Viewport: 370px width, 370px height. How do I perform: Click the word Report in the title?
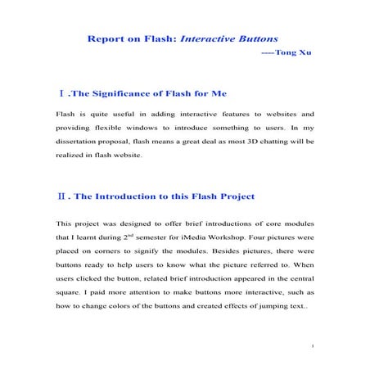click(107, 38)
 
